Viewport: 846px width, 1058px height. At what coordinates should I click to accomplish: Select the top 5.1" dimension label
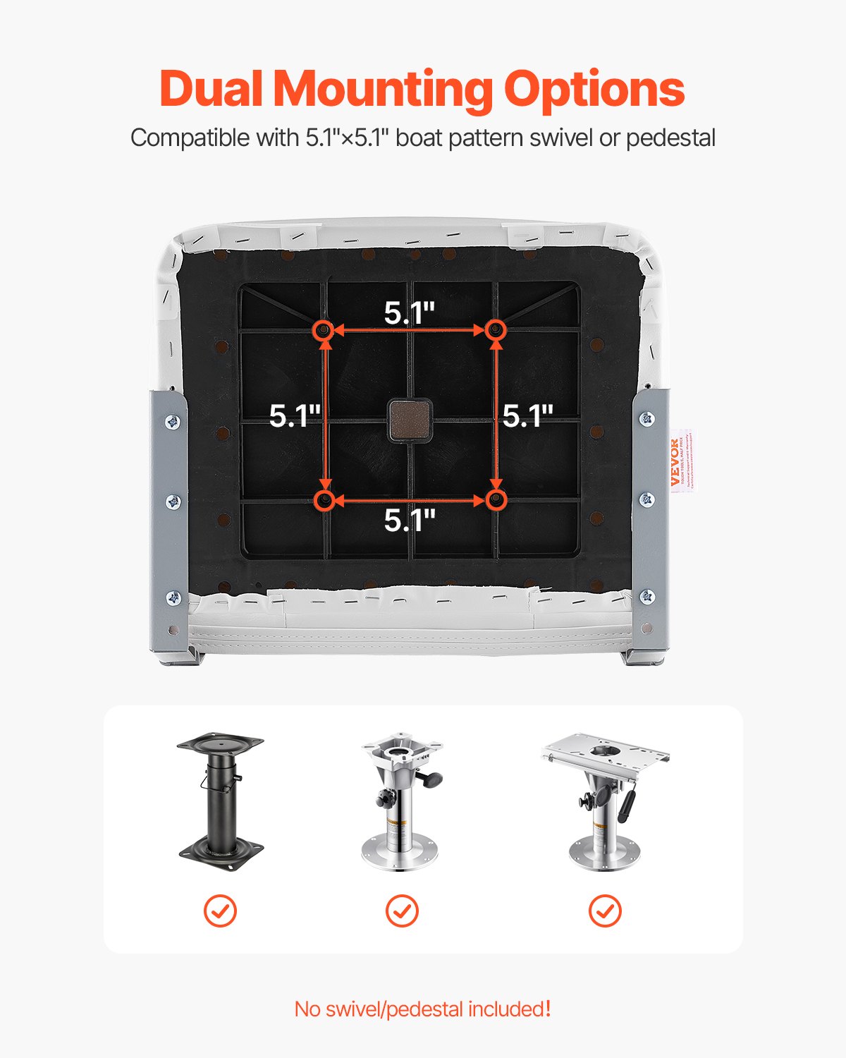tap(410, 312)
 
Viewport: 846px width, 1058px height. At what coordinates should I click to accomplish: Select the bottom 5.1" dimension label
tap(410, 521)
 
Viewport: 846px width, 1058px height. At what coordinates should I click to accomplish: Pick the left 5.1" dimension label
tap(295, 416)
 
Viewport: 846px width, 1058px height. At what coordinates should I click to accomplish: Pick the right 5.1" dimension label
tap(527, 416)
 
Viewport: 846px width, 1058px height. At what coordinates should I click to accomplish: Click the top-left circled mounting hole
tap(324, 329)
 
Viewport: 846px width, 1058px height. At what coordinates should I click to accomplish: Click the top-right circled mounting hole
tap(496, 329)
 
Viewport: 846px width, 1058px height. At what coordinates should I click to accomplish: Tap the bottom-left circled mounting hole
tap(324, 500)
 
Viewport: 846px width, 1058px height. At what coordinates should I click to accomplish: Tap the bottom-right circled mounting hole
tap(496, 500)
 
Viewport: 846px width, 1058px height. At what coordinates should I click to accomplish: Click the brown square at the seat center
tap(410, 419)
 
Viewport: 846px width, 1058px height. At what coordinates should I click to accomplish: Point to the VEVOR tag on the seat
tap(677, 461)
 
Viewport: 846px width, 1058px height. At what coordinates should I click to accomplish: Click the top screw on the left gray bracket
tap(172, 422)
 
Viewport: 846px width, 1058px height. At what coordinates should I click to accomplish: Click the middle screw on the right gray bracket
tap(646, 499)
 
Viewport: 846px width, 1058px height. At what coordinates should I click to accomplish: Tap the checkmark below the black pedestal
tap(221, 911)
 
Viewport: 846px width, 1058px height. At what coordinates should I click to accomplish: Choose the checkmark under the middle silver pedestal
tap(402, 911)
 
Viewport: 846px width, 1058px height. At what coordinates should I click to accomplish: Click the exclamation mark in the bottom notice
tap(547, 1009)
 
